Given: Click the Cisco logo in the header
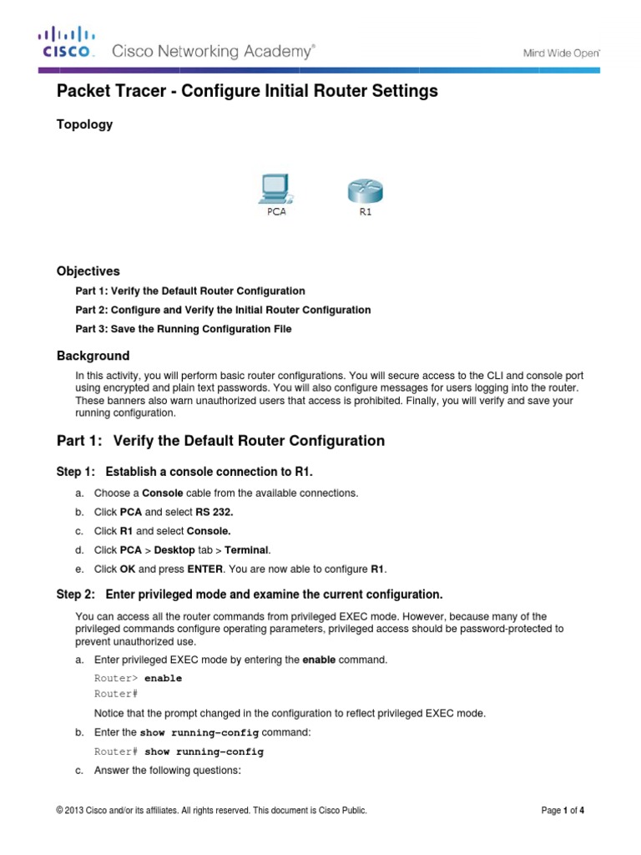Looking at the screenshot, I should [x=66, y=43].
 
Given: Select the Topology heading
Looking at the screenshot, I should [x=84, y=124].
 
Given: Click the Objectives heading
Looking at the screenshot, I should [x=88, y=271].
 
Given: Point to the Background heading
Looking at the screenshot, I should [x=93, y=356].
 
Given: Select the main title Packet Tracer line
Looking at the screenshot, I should [x=247, y=92].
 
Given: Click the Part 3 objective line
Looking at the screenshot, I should [x=184, y=329].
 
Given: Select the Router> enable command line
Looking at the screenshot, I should [x=138, y=679].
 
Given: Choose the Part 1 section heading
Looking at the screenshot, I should [x=220, y=441].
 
